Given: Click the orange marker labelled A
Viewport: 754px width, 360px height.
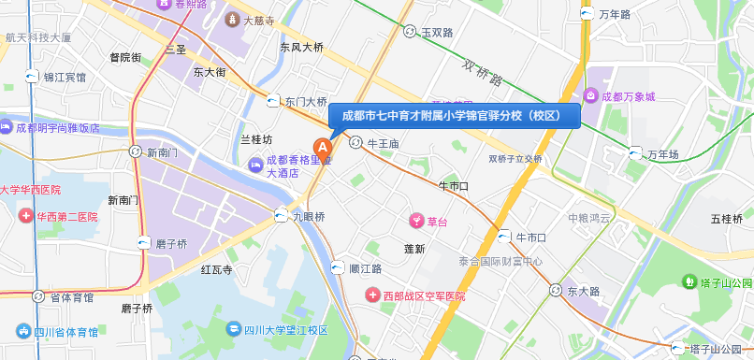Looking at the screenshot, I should pos(324,148).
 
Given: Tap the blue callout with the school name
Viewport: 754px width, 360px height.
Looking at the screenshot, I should pos(455,115).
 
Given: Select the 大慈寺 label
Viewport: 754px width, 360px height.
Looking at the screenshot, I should pos(257,20).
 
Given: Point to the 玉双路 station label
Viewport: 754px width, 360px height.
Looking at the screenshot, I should pos(437,32).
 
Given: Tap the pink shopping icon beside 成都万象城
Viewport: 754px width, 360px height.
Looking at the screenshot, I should pos(591,95).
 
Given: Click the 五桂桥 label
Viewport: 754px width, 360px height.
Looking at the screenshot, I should pos(727,219).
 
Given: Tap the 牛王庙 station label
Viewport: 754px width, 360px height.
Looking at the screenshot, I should pos(384,144).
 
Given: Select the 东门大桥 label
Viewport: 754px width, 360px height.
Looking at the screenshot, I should pos(306,102).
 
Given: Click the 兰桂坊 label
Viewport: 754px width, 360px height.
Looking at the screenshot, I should pos(256,139).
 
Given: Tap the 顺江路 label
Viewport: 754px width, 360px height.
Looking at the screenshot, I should pos(365,268).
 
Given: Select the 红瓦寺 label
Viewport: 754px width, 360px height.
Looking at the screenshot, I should pos(216,269).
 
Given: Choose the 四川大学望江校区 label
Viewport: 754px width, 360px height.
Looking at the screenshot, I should pos(285,329).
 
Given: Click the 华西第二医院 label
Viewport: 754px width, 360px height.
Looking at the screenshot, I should pos(67,217).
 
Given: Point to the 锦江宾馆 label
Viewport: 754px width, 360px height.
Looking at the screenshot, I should pos(65,78).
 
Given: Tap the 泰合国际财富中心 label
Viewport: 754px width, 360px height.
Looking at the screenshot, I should pos(500,261).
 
